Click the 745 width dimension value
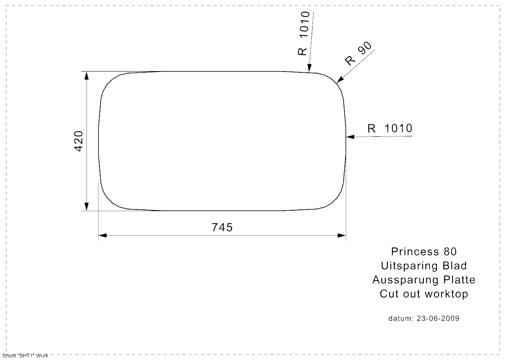[222, 228]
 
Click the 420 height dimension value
[79, 141]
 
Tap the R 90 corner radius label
[358, 54]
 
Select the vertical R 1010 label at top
[304, 33]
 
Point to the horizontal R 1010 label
[390, 128]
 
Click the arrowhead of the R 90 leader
[340, 80]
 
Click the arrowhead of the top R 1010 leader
[309, 68]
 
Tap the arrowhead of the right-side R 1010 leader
[350, 137]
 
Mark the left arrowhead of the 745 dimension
[103, 235]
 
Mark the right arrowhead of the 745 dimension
[342, 235]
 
